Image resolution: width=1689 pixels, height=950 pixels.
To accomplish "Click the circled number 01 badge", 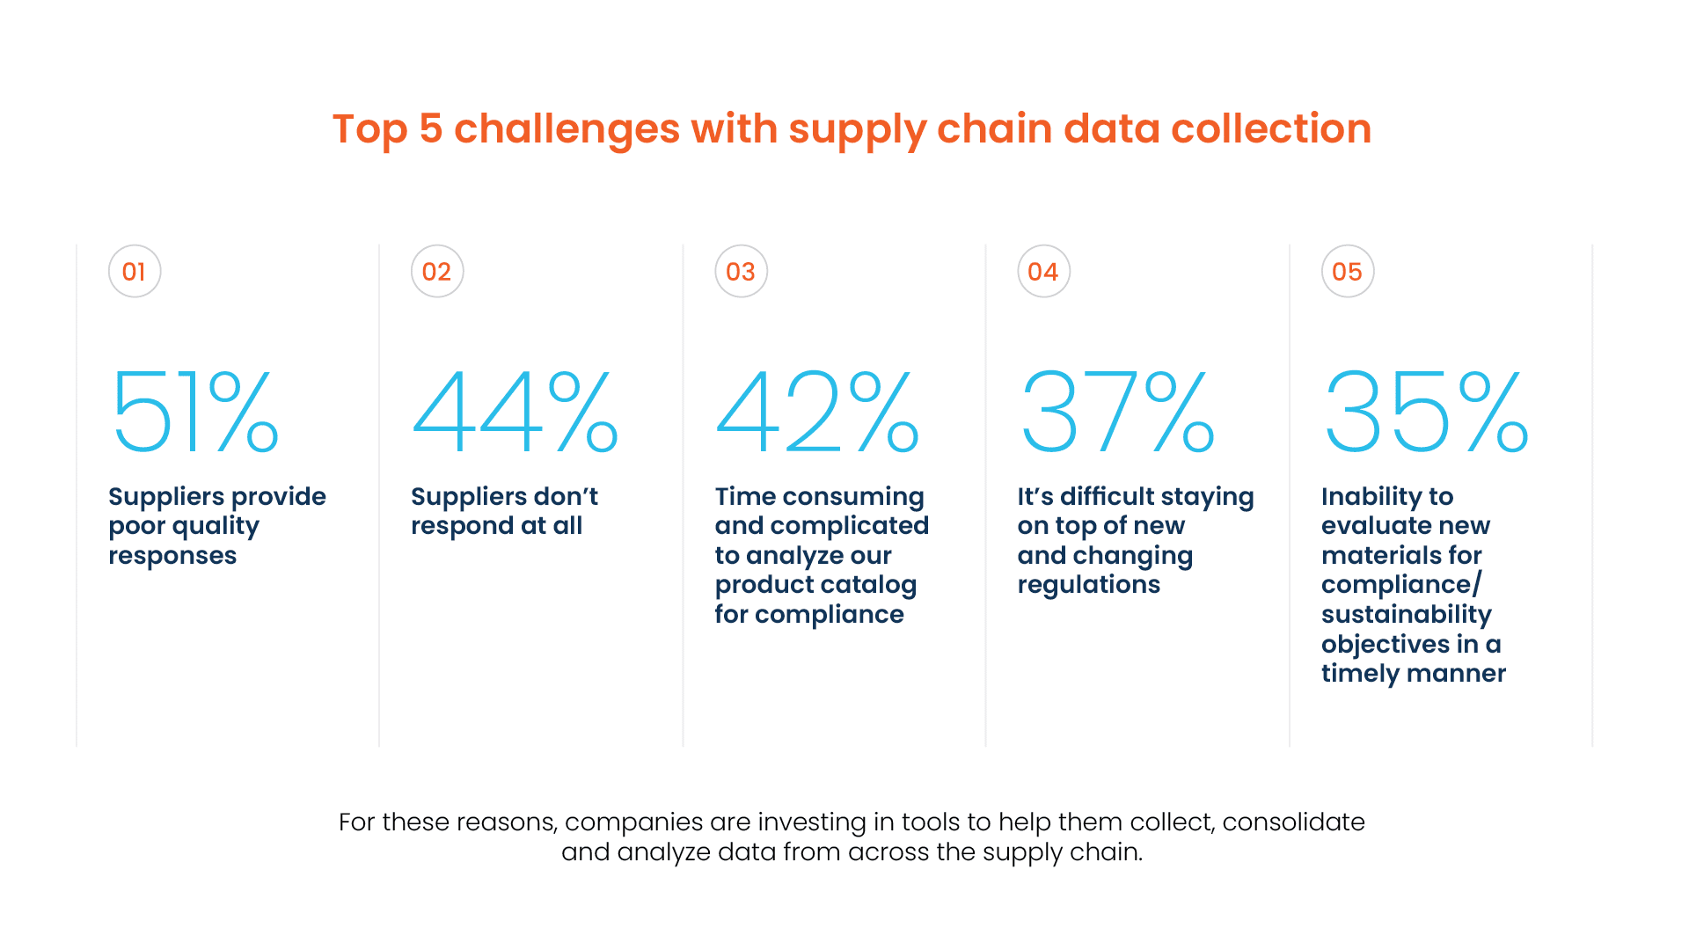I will [135, 272].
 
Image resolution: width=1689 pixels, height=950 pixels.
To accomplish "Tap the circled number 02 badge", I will [437, 272].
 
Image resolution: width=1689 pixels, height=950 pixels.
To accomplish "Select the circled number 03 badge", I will [741, 272].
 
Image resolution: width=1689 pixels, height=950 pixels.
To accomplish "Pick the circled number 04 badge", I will [1043, 272].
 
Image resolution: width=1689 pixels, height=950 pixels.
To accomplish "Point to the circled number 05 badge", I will [1347, 272].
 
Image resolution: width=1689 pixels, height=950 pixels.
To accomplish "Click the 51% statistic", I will [195, 411].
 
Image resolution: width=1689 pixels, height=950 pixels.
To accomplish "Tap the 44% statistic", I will [515, 411].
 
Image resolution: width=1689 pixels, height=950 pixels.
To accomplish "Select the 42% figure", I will [818, 411].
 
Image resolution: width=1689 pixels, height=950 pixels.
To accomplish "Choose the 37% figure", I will [1118, 411].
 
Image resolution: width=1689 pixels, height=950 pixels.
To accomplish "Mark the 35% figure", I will [1426, 411].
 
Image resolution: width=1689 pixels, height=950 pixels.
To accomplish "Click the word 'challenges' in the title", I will [567, 129].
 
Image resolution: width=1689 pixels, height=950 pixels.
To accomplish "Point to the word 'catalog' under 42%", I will [870, 585].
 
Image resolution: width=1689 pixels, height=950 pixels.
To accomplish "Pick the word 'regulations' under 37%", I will [1089, 586].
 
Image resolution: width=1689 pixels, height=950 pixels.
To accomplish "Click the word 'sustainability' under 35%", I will [1407, 614].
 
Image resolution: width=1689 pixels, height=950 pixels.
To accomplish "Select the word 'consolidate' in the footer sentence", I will [1293, 822].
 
